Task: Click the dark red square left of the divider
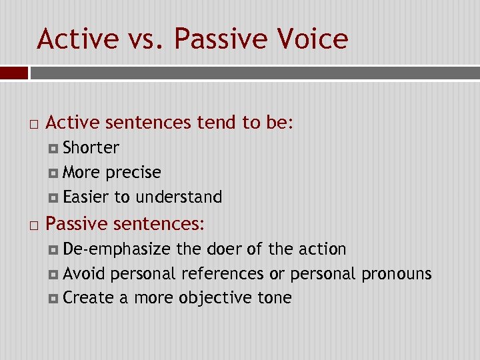(x=14, y=73)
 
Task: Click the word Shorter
(x=91, y=147)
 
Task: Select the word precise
(x=133, y=173)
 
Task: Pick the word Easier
(x=86, y=197)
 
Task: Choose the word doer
(x=225, y=249)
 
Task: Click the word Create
(x=88, y=298)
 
